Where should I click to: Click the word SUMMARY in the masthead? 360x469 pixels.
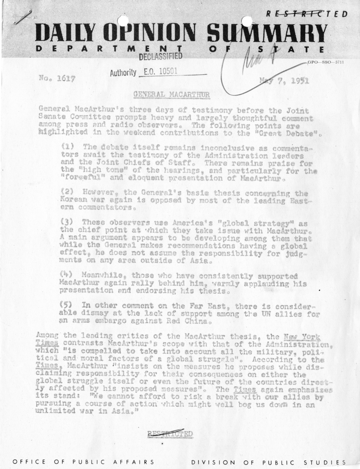[x=267, y=34]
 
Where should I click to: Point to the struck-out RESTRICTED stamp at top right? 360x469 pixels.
[x=307, y=14]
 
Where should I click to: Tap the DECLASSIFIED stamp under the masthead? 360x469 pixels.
[x=158, y=57]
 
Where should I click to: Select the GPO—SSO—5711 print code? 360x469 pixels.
[x=326, y=62]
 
